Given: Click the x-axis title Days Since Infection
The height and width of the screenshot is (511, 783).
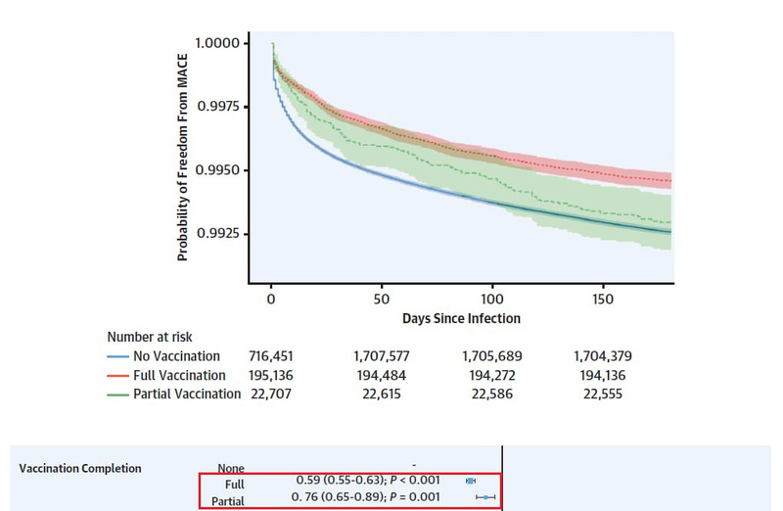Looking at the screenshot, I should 461,318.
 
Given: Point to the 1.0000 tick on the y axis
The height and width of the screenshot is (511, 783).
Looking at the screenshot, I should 216,43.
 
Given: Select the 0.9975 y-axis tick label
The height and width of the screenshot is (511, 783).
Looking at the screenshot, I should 216,107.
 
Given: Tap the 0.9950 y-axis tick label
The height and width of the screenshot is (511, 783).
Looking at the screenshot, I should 216,170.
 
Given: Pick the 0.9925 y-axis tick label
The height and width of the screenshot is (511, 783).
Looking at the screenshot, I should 216,234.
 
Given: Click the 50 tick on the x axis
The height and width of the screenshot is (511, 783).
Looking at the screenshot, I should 382,298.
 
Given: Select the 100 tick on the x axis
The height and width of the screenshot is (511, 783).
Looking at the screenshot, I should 492,298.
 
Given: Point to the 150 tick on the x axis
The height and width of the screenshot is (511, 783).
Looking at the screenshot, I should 603,298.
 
